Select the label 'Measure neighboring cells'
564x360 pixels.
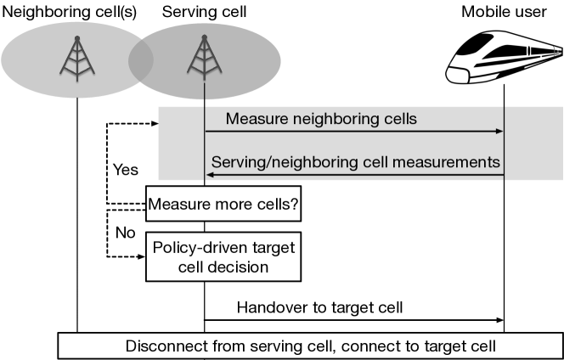(321, 119)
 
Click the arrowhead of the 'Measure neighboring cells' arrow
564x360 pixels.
(500, 132)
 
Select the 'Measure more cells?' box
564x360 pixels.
(223, 205)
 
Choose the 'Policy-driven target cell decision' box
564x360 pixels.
(223, 256)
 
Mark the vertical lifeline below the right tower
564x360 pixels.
(204, 144)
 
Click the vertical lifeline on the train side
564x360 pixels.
(505, 144)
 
